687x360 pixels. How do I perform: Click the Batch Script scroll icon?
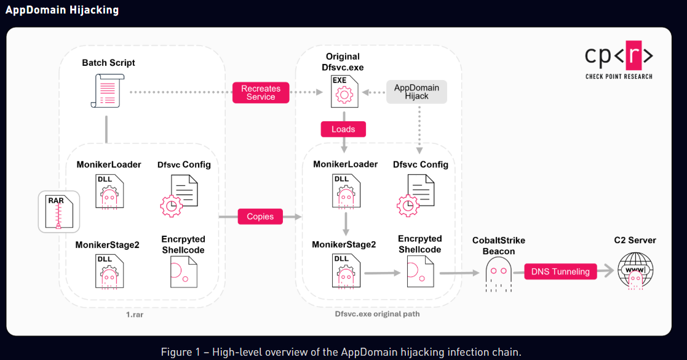pyautogui.click(x=107, y=91)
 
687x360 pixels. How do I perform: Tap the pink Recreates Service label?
pyautogui.click(x=261, y=93)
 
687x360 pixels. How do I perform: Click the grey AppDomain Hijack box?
pyautogui.click(x=416, y=92)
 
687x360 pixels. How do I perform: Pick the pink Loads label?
pyautogui.click(x=343, y=129)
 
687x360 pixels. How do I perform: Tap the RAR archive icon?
pyautogui.click(x=59, y=211)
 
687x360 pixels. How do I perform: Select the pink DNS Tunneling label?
pyautogui.click(x=560, y=271)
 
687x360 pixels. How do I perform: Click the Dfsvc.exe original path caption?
pyautogui.click(x=378, y=314)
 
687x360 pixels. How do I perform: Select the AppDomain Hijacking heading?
pyautogui.click(x=62, y=10)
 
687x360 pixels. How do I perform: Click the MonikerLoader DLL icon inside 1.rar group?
pyautogui.click(x=109, y=191)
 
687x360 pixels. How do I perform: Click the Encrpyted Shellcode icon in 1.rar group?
pyautogui.click(x=183, y=271)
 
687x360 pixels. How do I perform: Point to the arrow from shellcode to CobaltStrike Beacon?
pyautogui.click(x=459, y=271)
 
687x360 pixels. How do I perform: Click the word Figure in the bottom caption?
pyautogui.click(x=176, y=352)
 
